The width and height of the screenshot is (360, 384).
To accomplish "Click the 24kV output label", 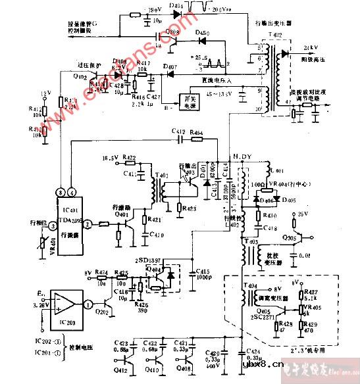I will (309, 48).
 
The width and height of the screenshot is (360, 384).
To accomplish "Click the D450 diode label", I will (203, 32).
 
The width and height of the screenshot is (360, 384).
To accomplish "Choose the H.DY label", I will (245, 156).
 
